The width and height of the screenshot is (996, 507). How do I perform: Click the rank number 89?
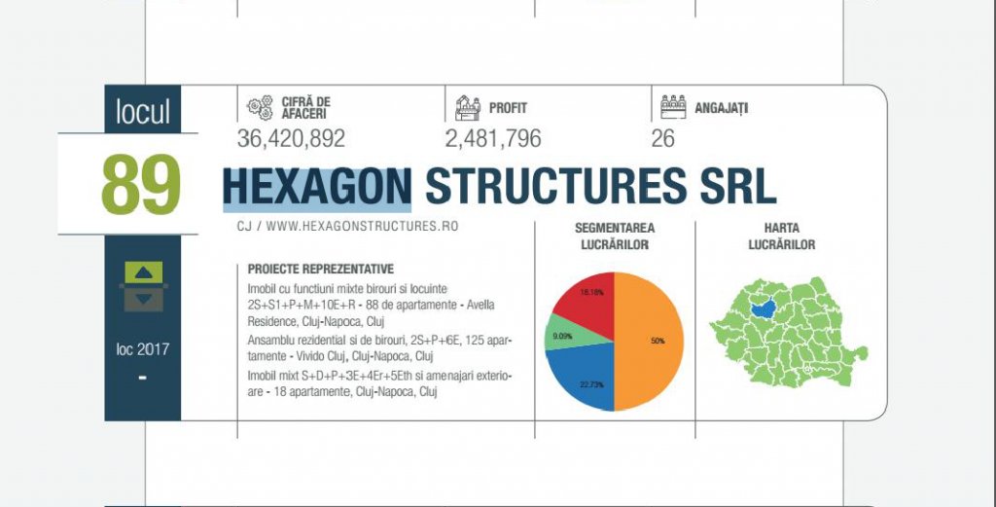[141, 184]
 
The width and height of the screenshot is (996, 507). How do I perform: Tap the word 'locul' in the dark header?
[143, 111]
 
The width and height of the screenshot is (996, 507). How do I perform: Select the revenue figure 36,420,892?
[291, 138]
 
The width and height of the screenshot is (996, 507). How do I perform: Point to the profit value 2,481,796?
[493, 138]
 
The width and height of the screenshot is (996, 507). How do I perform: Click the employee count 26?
[662, 138]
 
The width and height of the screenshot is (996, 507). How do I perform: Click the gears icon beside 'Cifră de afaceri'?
[260, 108]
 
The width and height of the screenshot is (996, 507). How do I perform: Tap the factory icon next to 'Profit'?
[468, 108]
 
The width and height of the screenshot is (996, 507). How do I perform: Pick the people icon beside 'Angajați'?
[673, 107]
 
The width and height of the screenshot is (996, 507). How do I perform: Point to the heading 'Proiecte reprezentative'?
[321, 270]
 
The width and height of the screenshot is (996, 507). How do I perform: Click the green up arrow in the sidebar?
[144, 272]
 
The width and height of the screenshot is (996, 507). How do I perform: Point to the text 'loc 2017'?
[143, 349]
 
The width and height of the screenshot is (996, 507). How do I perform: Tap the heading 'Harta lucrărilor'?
[781, 236]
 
